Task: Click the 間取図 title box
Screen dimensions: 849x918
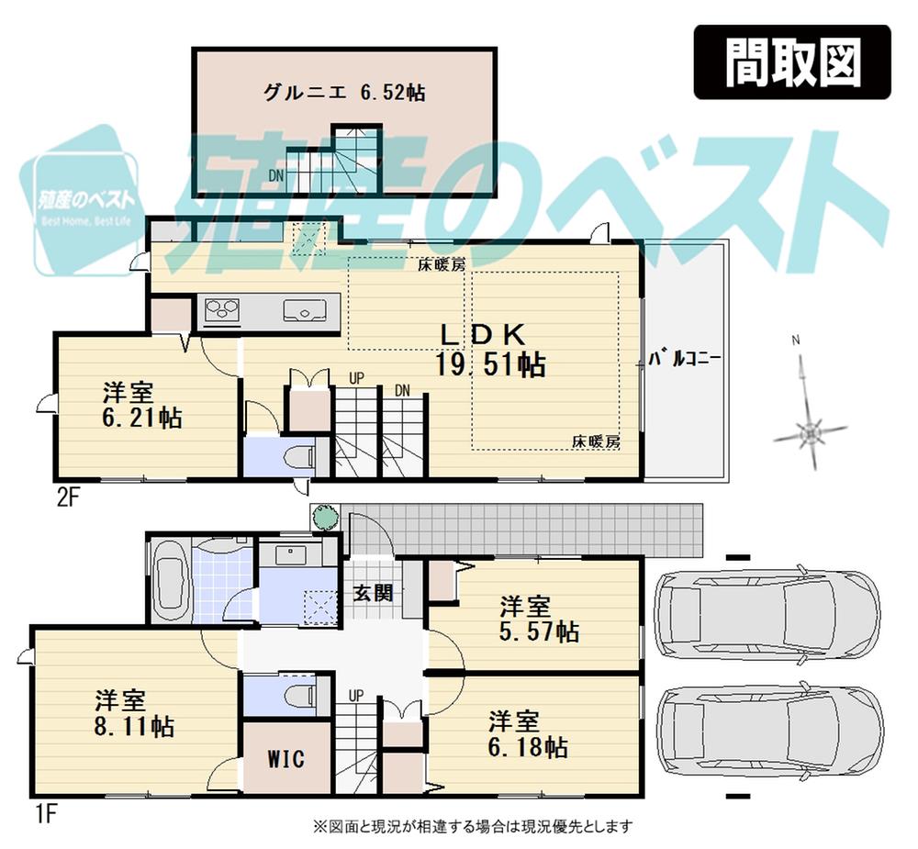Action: pos(791,61)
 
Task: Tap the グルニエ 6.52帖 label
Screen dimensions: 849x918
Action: pos(343,93)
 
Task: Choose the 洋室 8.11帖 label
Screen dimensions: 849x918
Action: pos(134,714)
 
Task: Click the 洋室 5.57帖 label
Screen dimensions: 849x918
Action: pos(538,619)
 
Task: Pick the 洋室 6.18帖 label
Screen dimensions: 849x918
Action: pos(527,733)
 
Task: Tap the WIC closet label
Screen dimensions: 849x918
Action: pos(285,760)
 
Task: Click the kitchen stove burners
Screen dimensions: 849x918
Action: pos(221,310)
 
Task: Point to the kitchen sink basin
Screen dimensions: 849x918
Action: pos(302,310)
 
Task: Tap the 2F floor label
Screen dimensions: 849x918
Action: pos(70,498)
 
